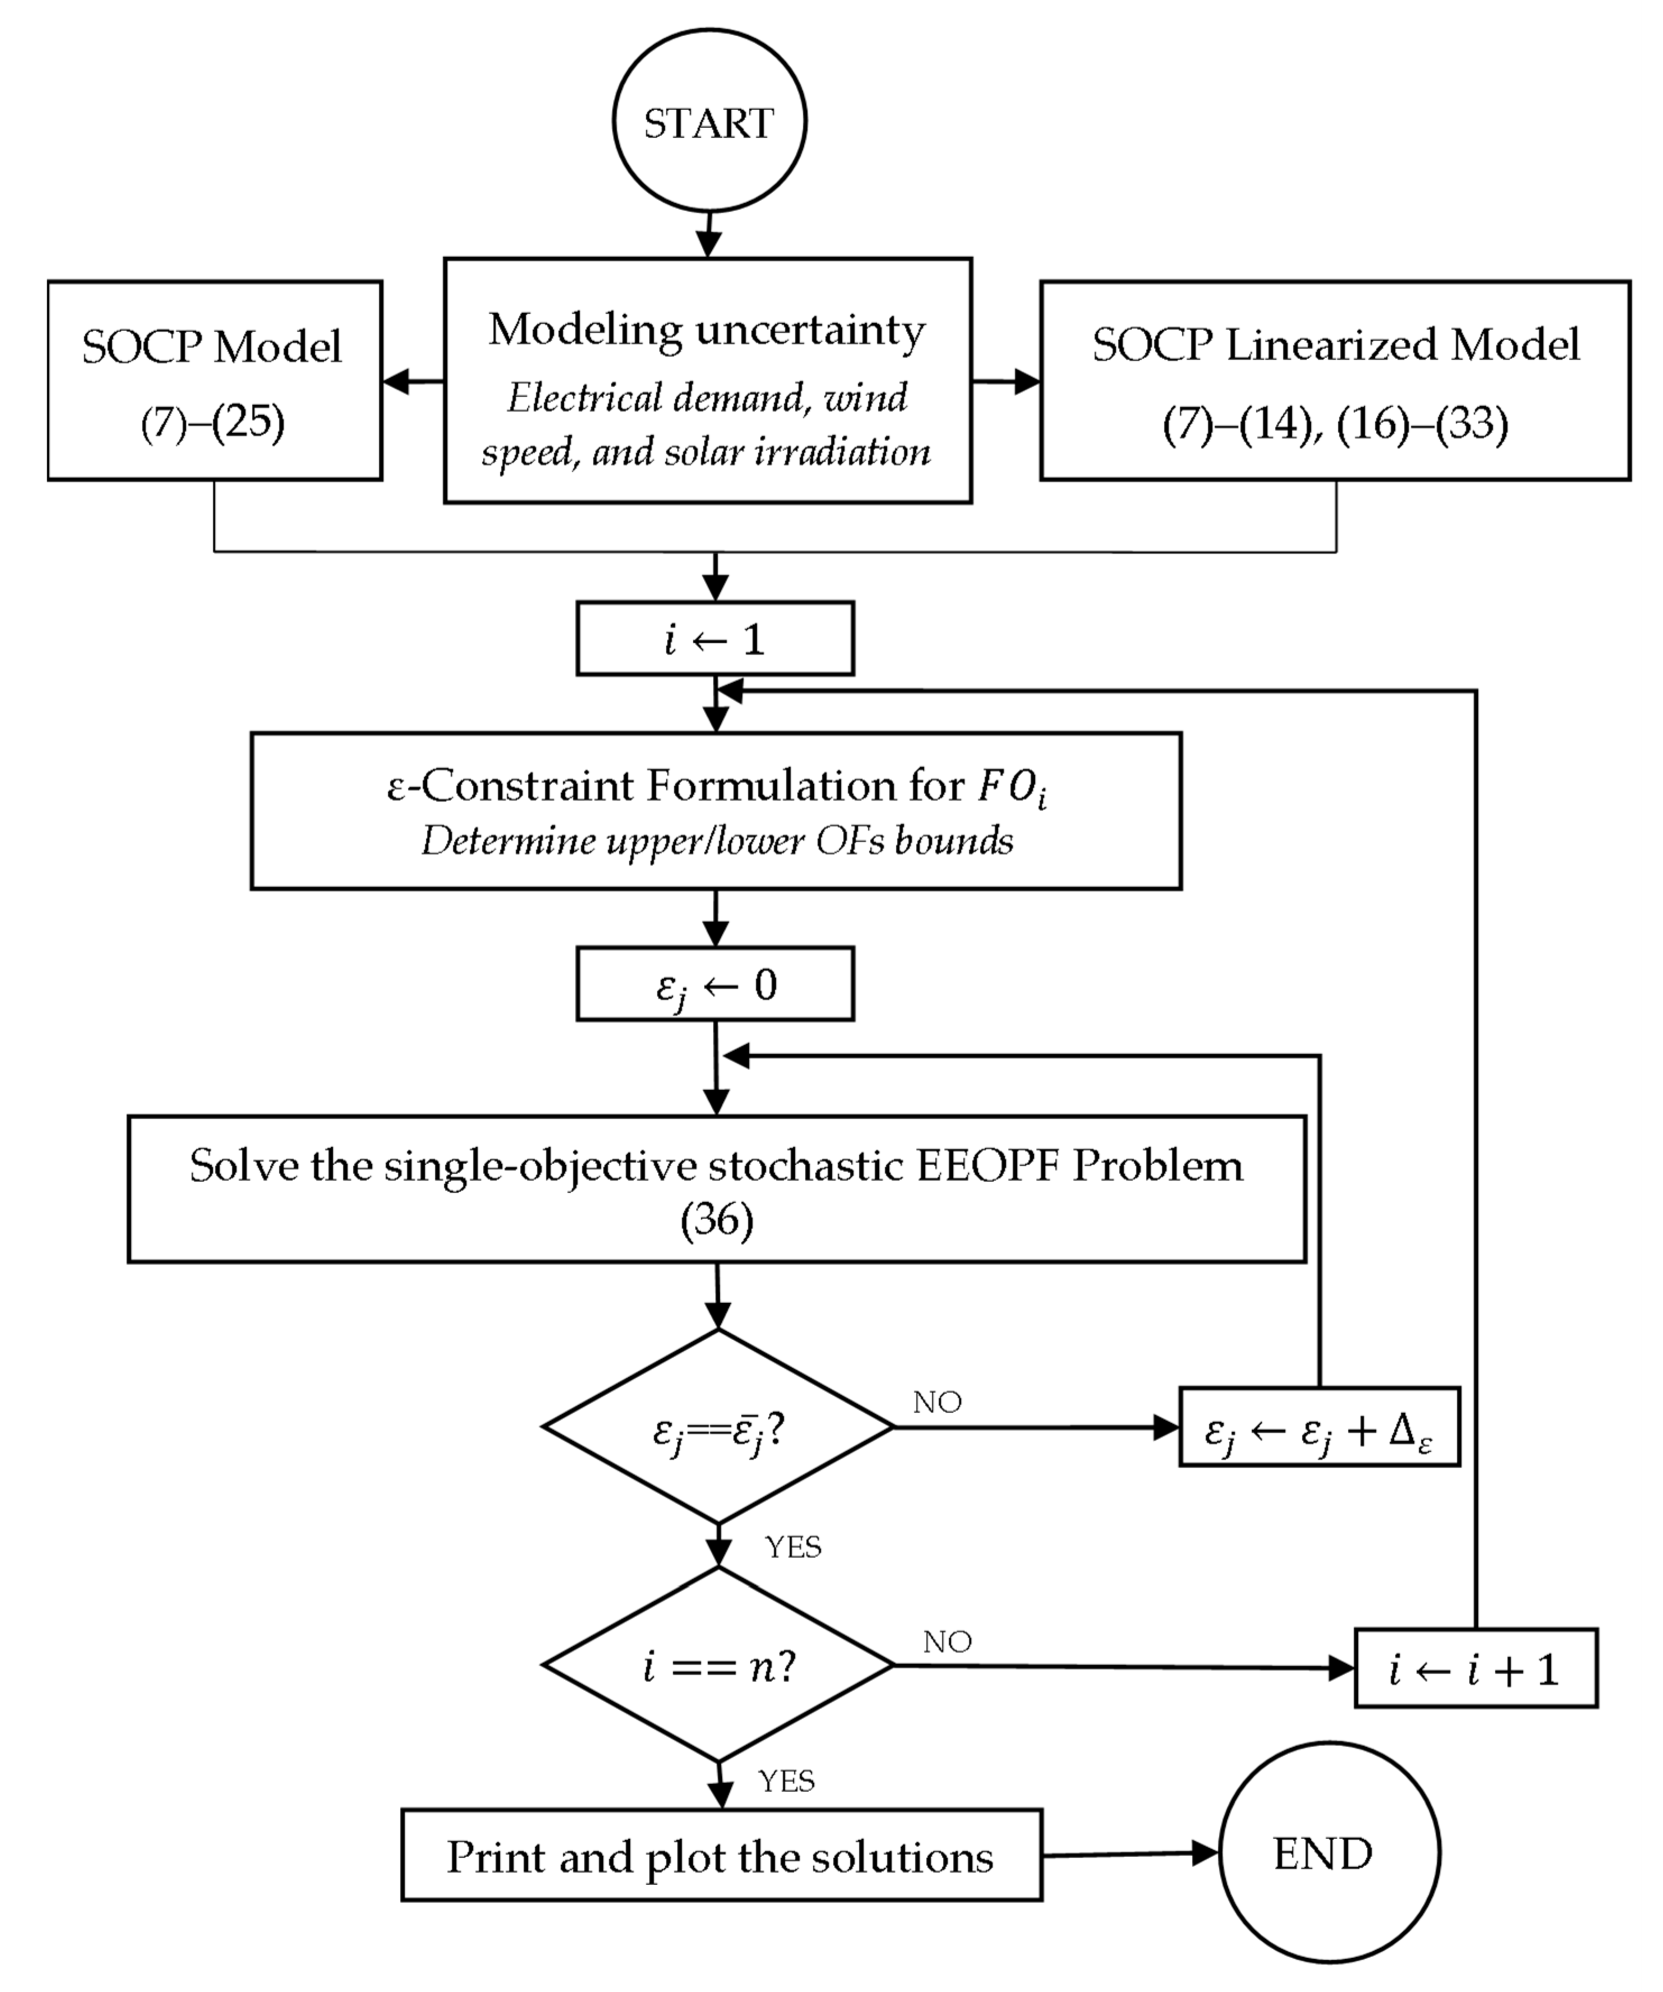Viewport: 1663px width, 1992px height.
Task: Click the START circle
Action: tap(708, 122)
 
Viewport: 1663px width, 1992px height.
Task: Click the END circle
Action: tap(1328, 1852)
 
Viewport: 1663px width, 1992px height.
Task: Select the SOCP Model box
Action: tap(214, 380)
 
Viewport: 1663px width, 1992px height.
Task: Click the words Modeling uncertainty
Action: tap(707, 330)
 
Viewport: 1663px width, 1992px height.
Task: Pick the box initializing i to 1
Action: tap(715, 638)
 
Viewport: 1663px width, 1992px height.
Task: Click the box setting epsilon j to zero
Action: tap(715, 984)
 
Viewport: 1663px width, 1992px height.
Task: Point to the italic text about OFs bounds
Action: tap(717, 841)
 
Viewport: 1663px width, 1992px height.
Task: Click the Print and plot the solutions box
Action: tap(721, 1855)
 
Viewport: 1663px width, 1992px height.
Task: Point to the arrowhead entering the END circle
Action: tap(1205, 1852)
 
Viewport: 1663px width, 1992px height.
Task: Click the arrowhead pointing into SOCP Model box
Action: tap(397, 381)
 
